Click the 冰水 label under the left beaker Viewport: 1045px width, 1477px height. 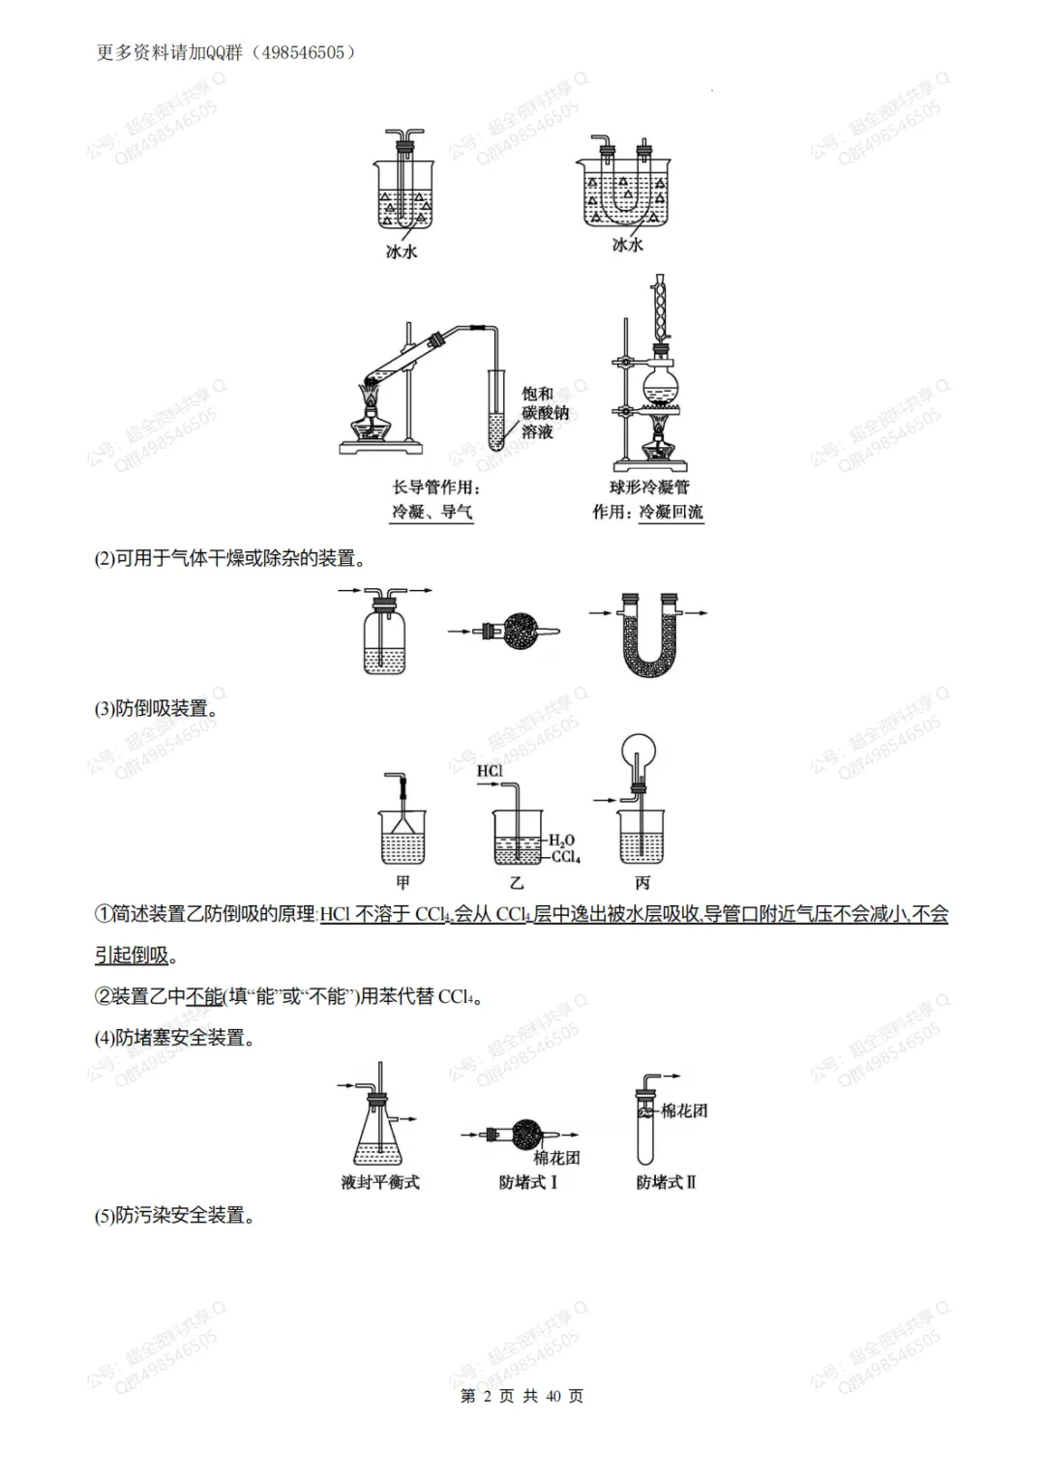[402, 251]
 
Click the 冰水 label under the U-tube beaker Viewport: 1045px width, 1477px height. [627, 245]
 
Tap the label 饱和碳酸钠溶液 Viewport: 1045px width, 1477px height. [545, 413]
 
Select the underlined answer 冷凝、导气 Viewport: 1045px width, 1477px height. [433, 512]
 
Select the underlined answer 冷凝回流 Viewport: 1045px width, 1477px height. [671, 512]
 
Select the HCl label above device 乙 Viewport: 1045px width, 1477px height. [490, 771]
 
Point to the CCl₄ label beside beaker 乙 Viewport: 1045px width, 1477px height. [566, 857]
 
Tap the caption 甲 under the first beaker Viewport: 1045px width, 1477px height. [403, 882]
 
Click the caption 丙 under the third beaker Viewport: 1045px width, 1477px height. [642, 882]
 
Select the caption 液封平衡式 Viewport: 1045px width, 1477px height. [380, 1182]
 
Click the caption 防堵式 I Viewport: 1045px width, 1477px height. [527, 1182]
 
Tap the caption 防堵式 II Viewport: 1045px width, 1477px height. [666, 1182]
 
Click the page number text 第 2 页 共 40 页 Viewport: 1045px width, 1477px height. [522, 1396]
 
